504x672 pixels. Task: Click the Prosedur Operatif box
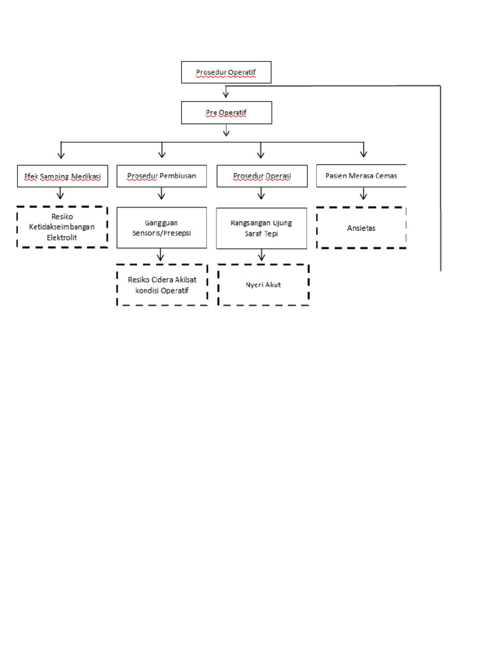(226, 72)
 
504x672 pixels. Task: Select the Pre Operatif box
(226, 112)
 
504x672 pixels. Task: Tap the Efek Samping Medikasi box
(61, 176)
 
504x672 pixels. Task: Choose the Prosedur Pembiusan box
(161, 176)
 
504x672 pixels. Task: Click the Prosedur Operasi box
(261, 176)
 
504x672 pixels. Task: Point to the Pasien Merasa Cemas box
(361, 176)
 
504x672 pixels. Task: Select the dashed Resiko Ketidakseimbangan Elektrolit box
(62, 227)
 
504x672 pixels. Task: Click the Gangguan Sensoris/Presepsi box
(161, 227)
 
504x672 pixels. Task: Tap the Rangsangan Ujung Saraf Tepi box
(261, 227)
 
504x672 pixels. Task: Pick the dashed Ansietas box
(361, 228)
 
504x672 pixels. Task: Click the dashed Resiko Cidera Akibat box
(162, 285)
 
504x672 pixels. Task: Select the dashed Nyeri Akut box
(263, 285)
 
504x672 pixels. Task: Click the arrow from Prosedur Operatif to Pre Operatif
(226, 92)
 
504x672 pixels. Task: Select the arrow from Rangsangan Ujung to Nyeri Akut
(261, 256)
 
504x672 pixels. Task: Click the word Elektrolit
(62, 237)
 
